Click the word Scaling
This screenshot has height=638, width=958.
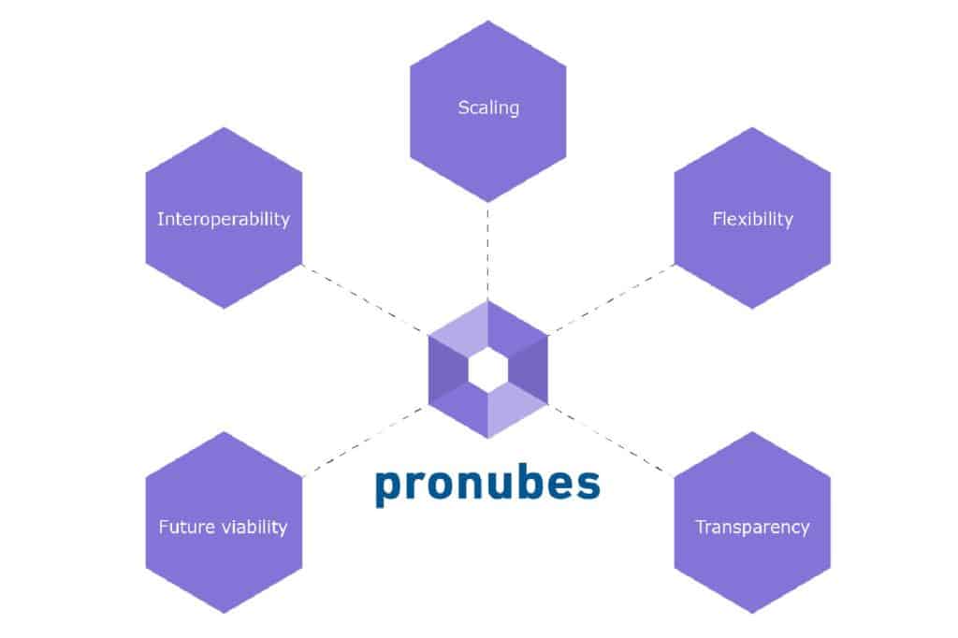coord(488,108)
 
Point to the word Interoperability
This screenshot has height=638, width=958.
coord(224,220)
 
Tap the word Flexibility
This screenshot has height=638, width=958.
coord(752,220)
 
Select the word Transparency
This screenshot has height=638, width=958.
coord(752,528)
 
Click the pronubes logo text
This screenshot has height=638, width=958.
coord(487,486)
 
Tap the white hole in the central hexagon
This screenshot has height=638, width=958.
coord(487,370)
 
